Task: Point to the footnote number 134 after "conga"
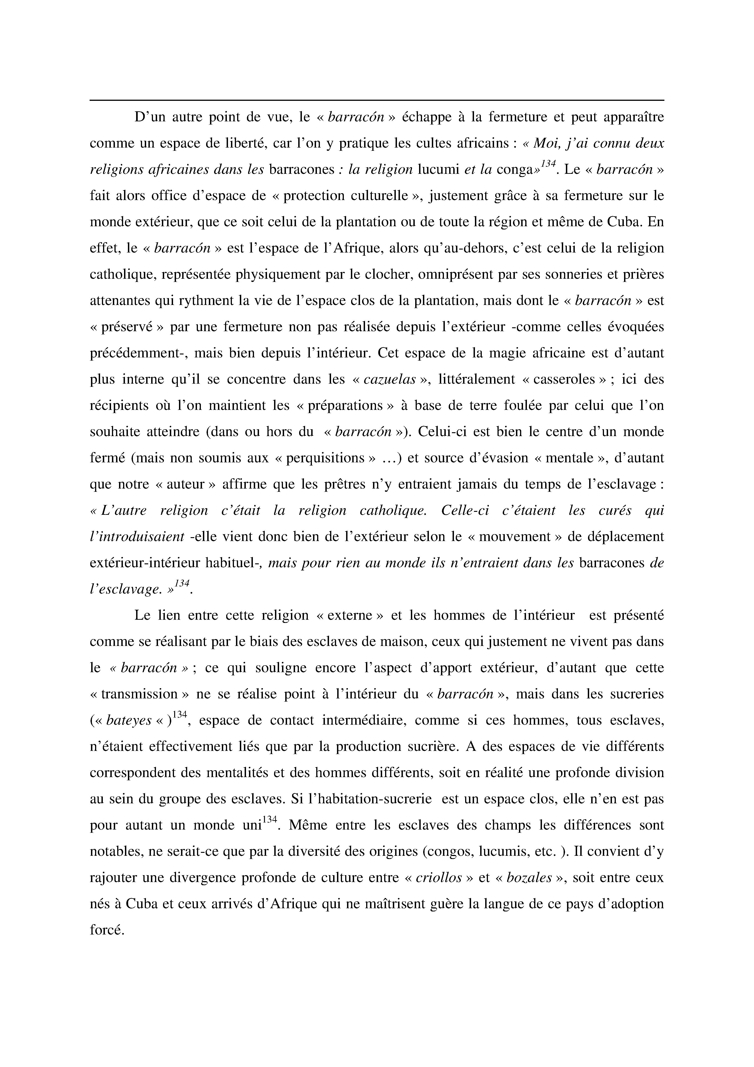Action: point(548,164)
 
